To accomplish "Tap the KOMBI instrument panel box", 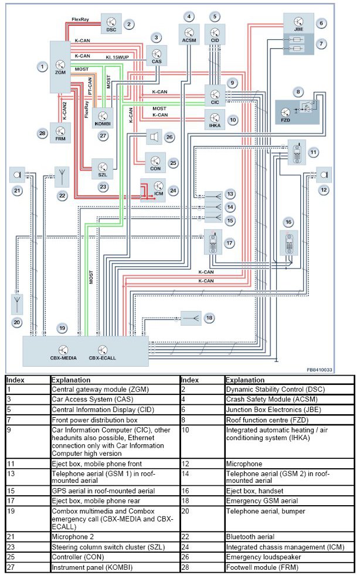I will point(102,118).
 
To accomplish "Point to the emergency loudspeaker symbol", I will point(152,137).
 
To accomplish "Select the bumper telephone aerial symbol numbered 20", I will point(16,303).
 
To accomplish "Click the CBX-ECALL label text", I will point(104,357).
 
